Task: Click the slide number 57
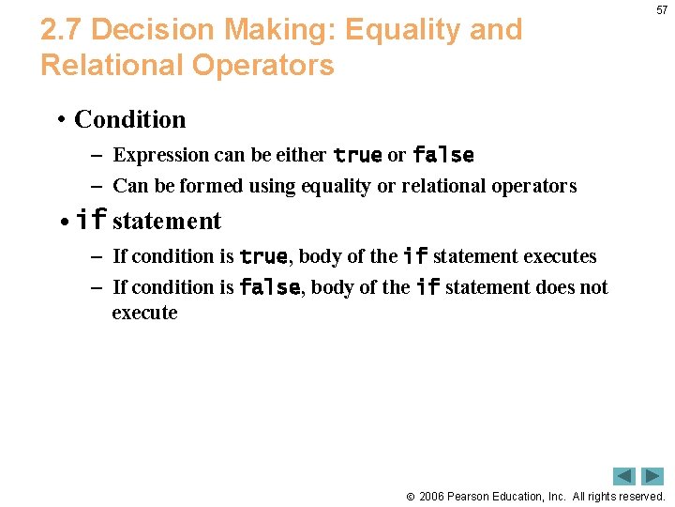pyautogui.click(x=662, y=10)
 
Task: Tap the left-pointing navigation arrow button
pyautogui.click(x=624, y=476)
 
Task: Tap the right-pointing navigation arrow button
pyautogui.click(x=652, y=476)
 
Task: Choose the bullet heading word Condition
pyautogui.click(x=129, y=119)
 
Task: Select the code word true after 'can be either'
pyautogui.click(x=357, y=155)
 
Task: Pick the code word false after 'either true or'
pyautogui.click(x=442, y=155)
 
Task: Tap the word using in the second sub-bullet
pyautogui.click(x=271, y=186)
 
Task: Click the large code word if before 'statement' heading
pyautogui.click(x=91, y=221)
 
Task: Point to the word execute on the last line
pyautogui.click(x=144, y=313)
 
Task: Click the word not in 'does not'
pyautogui.click(x=592, y=287)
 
